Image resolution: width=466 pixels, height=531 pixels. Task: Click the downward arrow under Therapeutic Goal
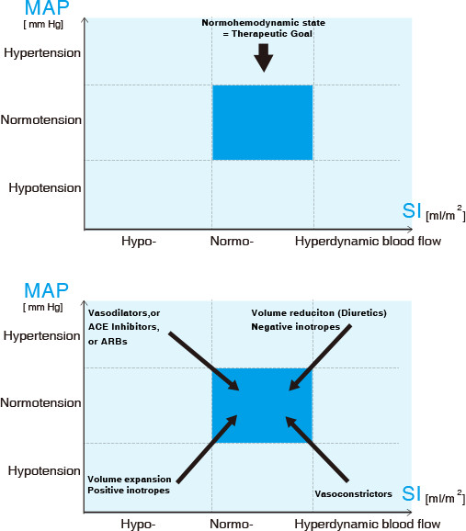tap(264, 58)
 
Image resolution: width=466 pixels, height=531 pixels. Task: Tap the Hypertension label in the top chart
tap(42, 53)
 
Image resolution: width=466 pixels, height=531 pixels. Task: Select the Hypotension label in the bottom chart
tap(44, 470)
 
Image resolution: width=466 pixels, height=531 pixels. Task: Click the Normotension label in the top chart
tap(41, 119)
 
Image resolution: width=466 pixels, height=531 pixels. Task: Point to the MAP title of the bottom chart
tap(47, 290)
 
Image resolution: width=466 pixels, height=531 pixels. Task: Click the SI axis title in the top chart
tap(412, 211)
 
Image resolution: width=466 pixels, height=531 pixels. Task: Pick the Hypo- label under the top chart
tap(139, 241)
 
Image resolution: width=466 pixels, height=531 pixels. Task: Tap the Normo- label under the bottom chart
tap(232, 524)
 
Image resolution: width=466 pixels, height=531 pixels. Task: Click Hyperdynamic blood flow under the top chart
tap(368, 241)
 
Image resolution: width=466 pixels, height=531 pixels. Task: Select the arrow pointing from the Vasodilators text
tap(204, 361)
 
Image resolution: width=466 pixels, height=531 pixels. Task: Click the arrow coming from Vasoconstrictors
tap(317, 449)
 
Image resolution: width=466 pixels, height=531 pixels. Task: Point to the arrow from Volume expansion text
tap(207, 449)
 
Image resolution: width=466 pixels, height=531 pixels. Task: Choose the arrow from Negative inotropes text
tap(320, 357)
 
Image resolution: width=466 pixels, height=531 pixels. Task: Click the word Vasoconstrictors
tap(353, 494)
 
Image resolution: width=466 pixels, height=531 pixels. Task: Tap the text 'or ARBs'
tap(108, 342)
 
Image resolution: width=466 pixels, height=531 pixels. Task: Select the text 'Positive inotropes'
tap(129, 491)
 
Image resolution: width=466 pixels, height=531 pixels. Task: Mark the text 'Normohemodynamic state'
tap(264, 23)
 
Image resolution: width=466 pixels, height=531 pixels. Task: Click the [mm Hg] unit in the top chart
tap(43, 25)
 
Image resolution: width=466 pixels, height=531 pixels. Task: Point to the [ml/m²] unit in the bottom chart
tap(446, 497)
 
